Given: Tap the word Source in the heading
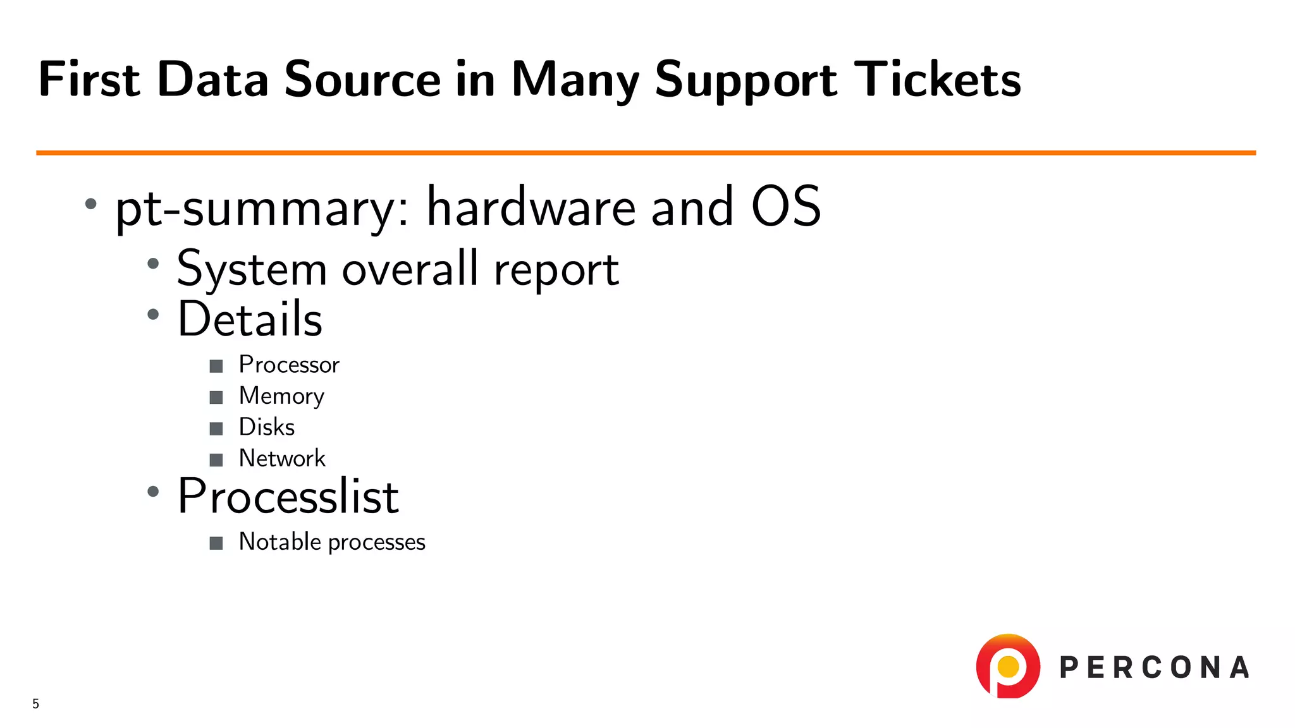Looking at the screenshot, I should pyautogui.click(x=362, y=80).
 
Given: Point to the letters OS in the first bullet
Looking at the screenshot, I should pyautogui.click(x=785, y=207).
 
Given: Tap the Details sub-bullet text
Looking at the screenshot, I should pyautogui.click(x=250, y=319).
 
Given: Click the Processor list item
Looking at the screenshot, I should pyautogui.click(x=289, y=365).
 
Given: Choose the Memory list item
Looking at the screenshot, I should pyautogui.click(x=281, y=396).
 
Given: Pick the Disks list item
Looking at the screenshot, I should pyautogui.click(x=266, y=427).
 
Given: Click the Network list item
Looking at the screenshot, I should pyautogui.click(x=282, y=458).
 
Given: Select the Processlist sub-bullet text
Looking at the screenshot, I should pyautogui.click(x=288, y=496).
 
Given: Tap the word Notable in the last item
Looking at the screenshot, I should pyautogui.click(x=279, y=542).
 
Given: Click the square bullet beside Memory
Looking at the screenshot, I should pyautogui.click(x=216, y=397).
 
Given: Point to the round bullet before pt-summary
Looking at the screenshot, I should pyautogui.click(x=91, y=203).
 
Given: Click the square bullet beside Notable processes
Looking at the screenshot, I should pyautogui.click(x=216, y=543).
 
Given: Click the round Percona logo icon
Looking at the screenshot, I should pyautogui.click(x=1008, y=666).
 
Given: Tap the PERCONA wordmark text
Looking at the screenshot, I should pyautogui.click(x=1154, y=668).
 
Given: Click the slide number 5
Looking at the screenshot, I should pyautogui.click(x=36, y=703).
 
